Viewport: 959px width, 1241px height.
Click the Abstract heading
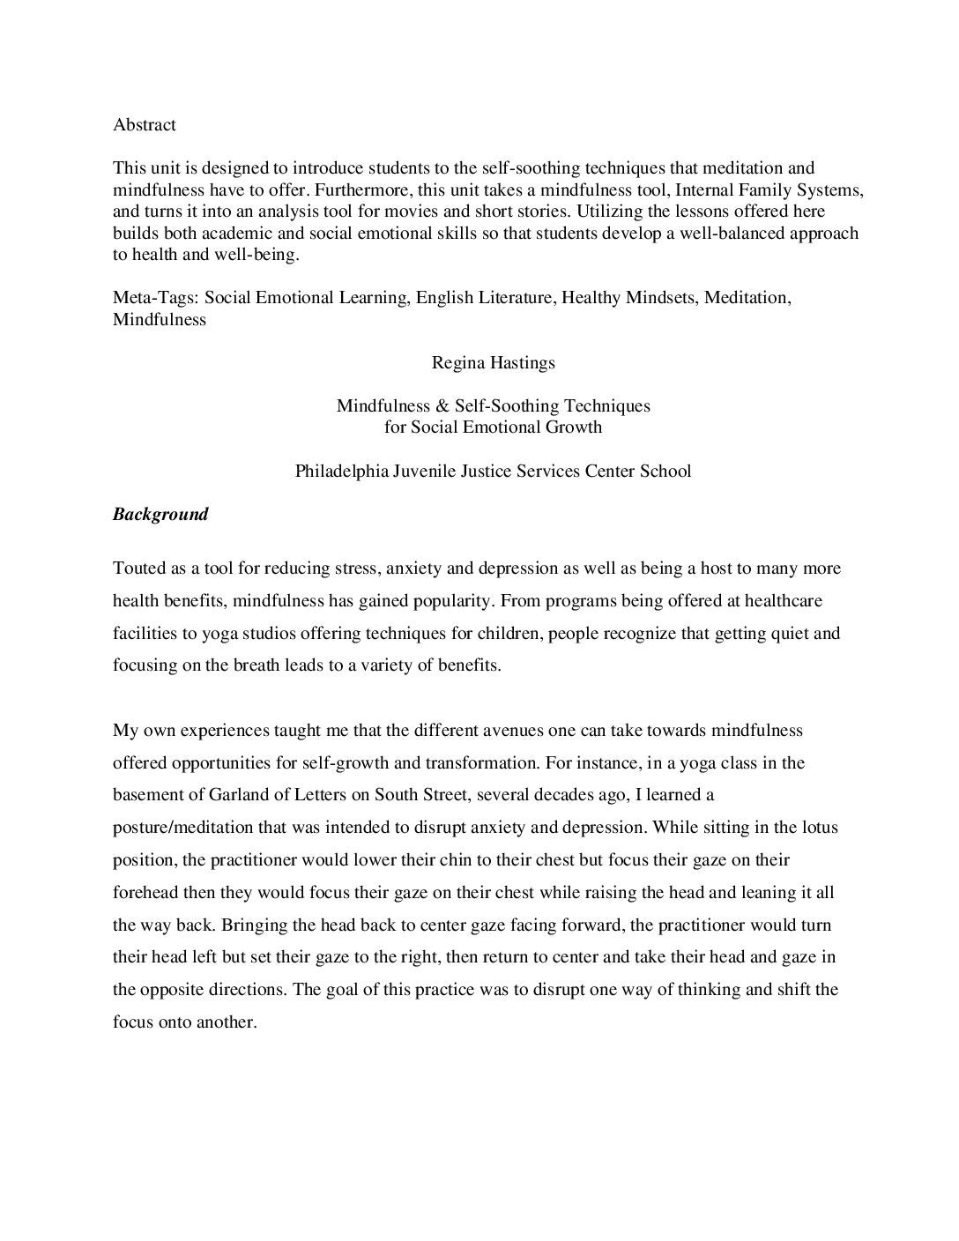[x=145, y=125]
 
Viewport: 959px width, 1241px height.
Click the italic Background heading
[x=160, y=515]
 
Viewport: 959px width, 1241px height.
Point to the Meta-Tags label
[x=156, y=298]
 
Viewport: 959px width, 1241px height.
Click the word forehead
[x=145, y=892]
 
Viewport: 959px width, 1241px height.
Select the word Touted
[x=138, y=568]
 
